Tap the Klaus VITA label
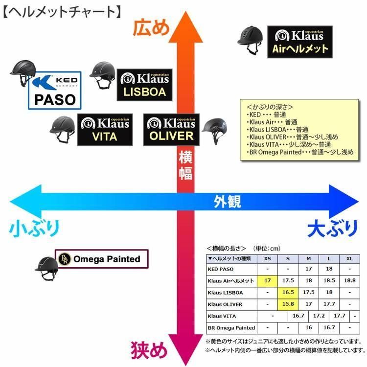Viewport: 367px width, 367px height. (x=104, y=129)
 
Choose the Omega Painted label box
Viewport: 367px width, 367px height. (x=102, y=259)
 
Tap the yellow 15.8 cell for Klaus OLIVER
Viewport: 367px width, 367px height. (x=288, y=304)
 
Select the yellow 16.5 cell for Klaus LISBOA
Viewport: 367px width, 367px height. (x=288, y=292)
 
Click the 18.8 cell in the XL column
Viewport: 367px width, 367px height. (x=349, y=280)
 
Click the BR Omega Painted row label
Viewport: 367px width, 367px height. (x=231, y=327)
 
